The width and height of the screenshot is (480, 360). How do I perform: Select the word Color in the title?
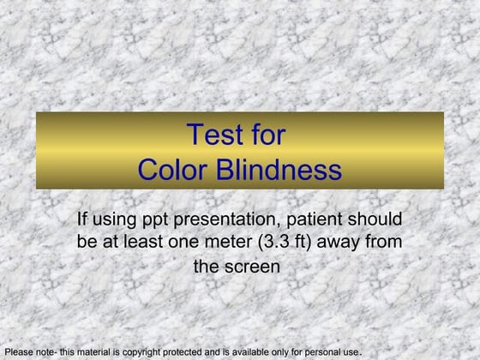click(x=171, y=170)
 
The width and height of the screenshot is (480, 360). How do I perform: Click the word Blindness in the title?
click(x=276, y=170)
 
